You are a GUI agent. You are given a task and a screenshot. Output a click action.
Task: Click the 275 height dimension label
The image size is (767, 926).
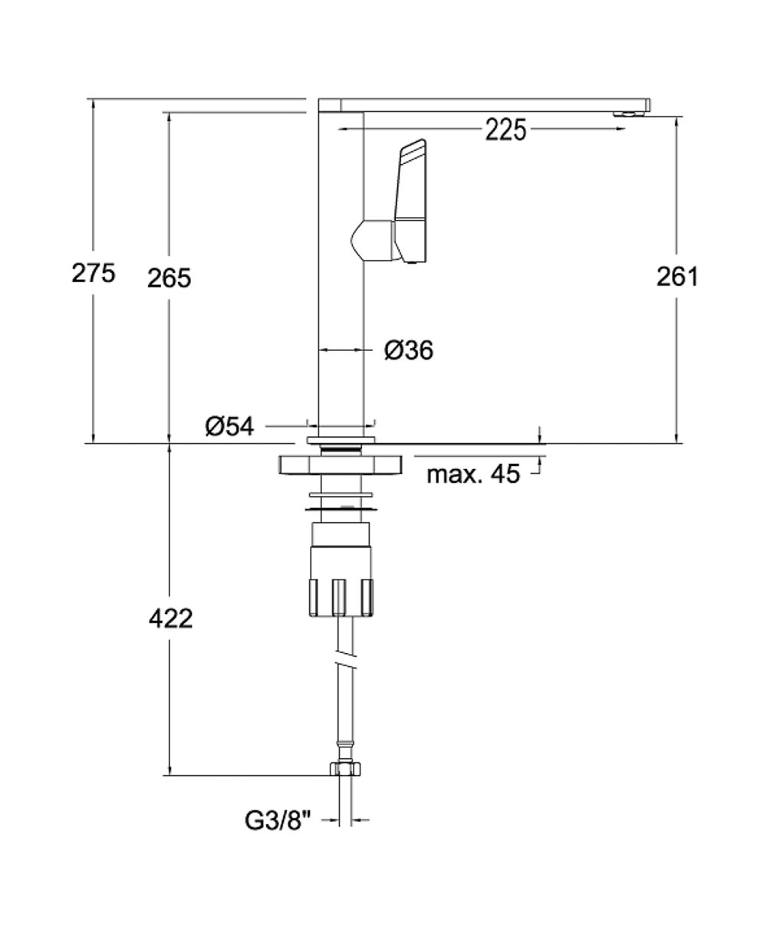pos(94,273)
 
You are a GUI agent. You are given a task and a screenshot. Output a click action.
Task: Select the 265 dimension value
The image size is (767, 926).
pos(169,278)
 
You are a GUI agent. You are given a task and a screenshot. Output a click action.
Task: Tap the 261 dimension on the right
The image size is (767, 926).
pos(677,276)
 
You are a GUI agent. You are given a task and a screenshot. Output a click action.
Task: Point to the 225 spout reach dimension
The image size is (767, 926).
pos(505,130)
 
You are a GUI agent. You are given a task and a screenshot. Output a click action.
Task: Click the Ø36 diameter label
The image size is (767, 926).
pos(409,350)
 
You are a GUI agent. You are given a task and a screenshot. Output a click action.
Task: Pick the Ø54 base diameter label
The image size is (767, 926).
pos(229,427)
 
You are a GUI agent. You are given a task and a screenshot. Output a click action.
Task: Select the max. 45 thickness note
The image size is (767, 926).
pos(473,474)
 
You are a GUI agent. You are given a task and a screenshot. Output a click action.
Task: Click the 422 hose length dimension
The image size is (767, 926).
pos(171,618)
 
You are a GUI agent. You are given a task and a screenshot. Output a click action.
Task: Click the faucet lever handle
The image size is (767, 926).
pos(410,202)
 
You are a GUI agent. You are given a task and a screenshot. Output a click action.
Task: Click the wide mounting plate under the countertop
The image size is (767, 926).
pos(341,465)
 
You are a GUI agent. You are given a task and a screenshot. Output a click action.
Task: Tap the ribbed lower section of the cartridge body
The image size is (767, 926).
pos(341,597)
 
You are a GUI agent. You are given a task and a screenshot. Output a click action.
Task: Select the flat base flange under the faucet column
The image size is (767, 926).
pos(341,439)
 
